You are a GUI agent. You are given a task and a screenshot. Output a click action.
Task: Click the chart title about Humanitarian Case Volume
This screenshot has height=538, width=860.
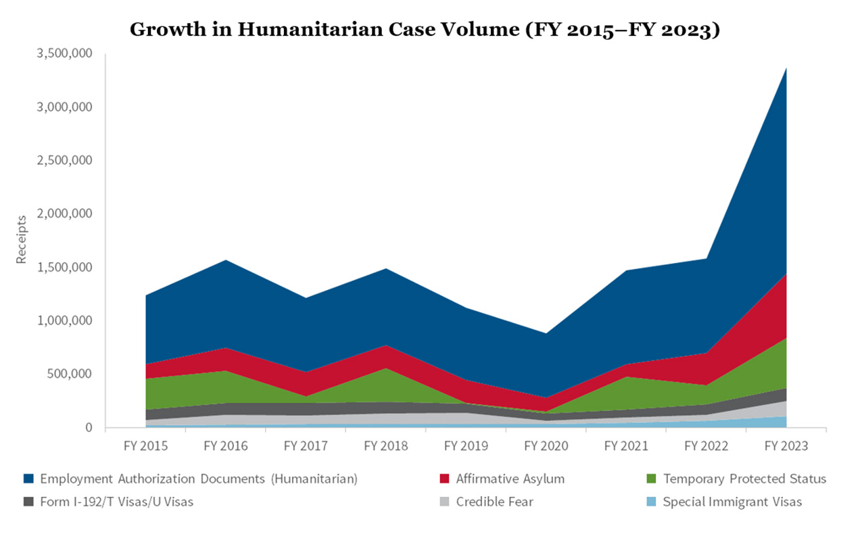click(x=424, y=29)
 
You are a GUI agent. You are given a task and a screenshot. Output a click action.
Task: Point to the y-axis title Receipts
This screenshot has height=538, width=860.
click(x=22, y=239)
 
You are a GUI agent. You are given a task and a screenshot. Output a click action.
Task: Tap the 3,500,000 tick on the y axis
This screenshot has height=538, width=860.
click(x=64, y=53)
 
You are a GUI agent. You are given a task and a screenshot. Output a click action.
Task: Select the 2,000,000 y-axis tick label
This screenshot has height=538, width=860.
click(x=64, y=214)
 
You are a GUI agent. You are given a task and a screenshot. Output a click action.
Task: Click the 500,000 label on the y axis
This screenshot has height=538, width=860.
click(x=70, y=374)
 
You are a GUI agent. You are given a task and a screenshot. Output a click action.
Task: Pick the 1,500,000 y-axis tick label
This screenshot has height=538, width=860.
click(x=64, y=267)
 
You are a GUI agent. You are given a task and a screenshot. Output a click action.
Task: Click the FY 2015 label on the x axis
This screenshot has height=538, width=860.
click(x=145, y=446)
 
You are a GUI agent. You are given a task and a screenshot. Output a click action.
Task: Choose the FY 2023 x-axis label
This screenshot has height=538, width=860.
click(x=785, y=446)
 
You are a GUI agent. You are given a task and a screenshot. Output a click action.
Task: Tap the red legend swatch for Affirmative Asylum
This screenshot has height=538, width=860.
click(x=444, y=479)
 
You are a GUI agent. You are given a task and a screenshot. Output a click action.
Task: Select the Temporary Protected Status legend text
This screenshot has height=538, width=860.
click(x=744, y=479)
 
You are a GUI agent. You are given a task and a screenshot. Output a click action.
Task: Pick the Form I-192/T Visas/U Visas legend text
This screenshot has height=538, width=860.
click(x=116, y=502)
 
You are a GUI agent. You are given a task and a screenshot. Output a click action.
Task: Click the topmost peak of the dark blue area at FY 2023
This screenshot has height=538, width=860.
click(x=786, y=68)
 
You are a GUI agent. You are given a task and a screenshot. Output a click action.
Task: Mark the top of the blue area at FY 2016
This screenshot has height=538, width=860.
click(x=226, y=260)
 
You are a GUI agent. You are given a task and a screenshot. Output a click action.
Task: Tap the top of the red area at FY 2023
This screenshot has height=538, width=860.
click(x=786, y=274)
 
